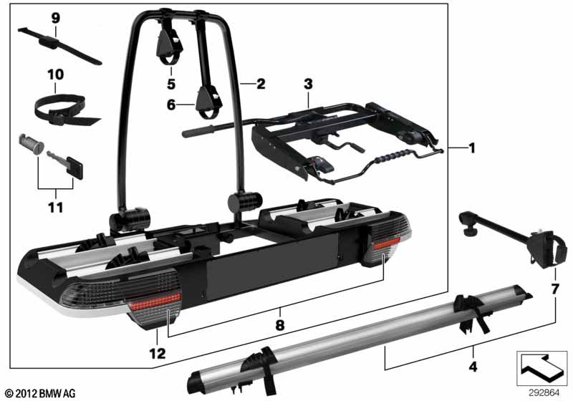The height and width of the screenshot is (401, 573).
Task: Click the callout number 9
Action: (56, 18)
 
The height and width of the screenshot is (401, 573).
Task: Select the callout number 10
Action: (56, 74)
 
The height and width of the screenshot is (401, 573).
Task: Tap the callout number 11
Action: (56, 208)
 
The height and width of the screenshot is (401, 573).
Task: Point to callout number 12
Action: (157, 353)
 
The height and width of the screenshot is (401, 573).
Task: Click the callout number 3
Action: (309, 84)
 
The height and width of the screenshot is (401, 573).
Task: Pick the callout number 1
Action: (472, 148)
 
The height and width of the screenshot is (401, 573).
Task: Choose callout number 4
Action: (473, 367)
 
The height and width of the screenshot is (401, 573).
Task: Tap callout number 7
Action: (555, 289)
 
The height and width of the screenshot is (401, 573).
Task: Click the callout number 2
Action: (261, 84)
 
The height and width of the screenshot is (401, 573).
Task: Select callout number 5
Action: (171, 84)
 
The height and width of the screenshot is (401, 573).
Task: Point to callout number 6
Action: (171, 105)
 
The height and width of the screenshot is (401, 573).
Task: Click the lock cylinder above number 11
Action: (31, 144)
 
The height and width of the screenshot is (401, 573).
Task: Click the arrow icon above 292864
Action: (542, 369)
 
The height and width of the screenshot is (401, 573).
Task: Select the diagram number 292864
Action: (544, 393)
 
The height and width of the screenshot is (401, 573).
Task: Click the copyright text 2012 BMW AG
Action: (41, 393)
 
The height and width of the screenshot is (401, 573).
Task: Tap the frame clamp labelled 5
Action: (169, 44)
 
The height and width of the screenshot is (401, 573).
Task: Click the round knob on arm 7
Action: (470, 231)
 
